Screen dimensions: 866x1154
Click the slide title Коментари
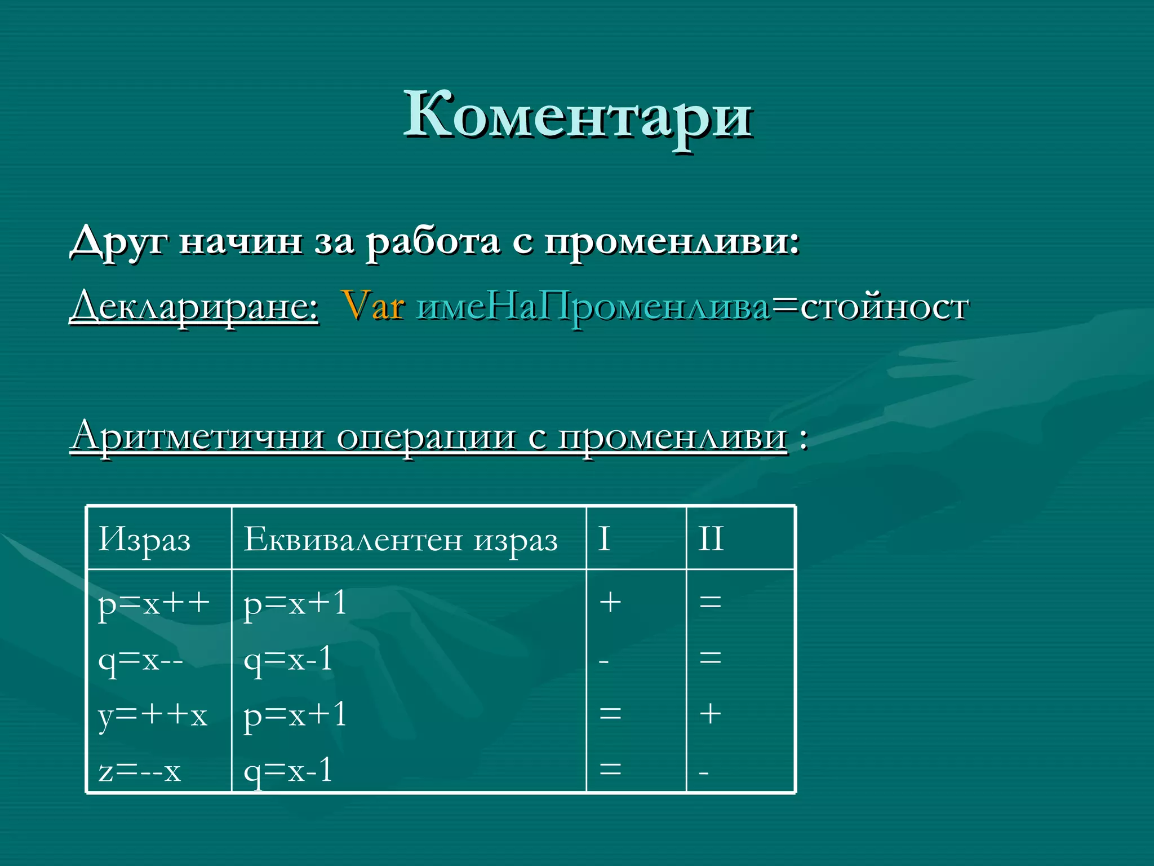[578, 116]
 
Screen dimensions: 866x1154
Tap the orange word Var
[372, 306]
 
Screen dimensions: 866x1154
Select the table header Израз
[144, 540]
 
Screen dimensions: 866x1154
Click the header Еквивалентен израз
[401, 540]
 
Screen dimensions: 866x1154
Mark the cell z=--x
[139, 771]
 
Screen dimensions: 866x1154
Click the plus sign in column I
[610, 603]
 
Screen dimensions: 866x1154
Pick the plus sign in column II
[710, 714]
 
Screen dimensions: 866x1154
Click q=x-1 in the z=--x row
[288, 771]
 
